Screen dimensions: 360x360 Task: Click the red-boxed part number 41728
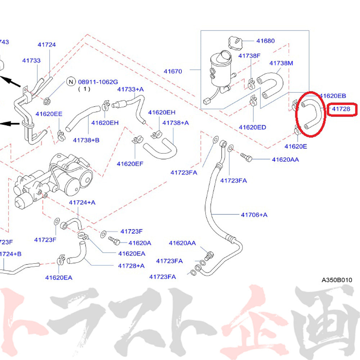click(x=341, y=109)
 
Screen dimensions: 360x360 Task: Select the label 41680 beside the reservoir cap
click(x=265, y=41)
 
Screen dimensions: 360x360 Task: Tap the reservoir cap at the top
click(x=234, y=43)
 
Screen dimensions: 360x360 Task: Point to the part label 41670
click(x=173, y=72)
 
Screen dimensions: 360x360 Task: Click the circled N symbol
click(x=71, y=82)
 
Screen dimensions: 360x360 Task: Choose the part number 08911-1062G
click(x=98, y=82)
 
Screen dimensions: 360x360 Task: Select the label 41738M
click(x=281, y=63)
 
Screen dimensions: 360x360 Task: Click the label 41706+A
click(x=254, y=215)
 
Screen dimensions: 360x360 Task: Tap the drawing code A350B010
click(x=337, y=280)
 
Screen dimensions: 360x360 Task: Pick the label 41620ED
click(x=252, y=127)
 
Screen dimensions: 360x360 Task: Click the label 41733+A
click(x=130, y=89)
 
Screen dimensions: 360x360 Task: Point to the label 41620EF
click(x=130, y=164)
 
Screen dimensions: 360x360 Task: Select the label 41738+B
click(x=86, y=140)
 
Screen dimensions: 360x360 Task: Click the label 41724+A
click(x=82, y=203)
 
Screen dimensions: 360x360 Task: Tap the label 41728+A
click(x=131, y=266)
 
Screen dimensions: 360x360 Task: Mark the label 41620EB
click(x=333, y=96)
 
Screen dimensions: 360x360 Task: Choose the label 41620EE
click(x=49, y=114)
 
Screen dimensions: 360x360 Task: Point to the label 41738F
click(x=249, y=55)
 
